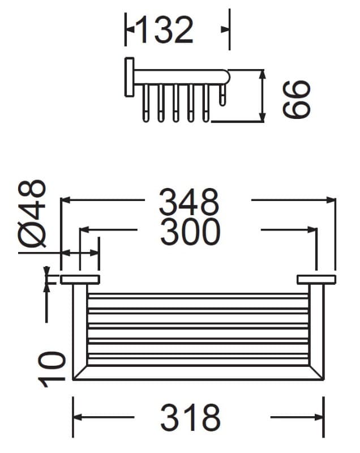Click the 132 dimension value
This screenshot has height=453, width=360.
(x=165, y=30)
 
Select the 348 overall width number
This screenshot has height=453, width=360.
(x=189, y=202)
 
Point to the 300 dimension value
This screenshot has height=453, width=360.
(x=190, y=232)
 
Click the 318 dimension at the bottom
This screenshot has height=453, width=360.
(x=191, y=417)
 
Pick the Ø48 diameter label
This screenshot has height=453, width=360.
(x=32, y=214)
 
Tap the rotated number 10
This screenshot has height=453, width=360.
(x=52, y=369)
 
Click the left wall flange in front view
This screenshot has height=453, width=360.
(x=80, y=280)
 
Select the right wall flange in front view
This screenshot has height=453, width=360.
(x=316, y=280)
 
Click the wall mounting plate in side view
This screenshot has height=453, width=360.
(x=129, y=77)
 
